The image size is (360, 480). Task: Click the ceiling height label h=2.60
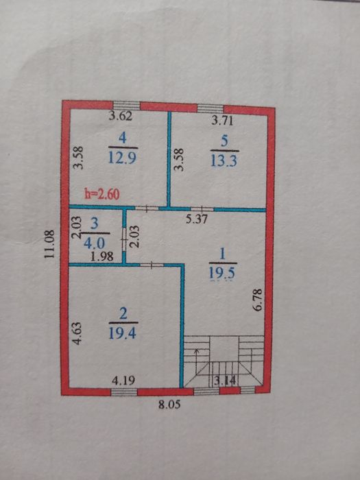[x=102, y=195]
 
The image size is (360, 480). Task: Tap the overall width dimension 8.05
[x=169, y=405]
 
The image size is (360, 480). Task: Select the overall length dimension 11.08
[x=49, y=243]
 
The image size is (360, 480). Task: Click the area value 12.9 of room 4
[x=123, y=158]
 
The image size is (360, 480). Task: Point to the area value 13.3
[x=224, y=160]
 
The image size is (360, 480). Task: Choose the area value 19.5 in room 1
[x=223, y=273]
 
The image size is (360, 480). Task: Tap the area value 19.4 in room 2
[x=123, y=333]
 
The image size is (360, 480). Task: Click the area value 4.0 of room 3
[x=95, y=243]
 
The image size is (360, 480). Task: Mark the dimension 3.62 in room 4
[x=121, y=117]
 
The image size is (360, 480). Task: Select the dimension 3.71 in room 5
[x=223, y=120]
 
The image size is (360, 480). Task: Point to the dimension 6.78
[x=258, y=300]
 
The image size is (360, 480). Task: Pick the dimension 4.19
[x=123, y=381]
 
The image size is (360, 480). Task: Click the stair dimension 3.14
[x=225, y=381]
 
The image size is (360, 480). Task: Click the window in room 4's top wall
[x=126, y=106]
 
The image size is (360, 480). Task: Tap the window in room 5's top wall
[x=211, y=108]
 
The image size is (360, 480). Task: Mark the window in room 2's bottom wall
[x=123, y=392]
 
